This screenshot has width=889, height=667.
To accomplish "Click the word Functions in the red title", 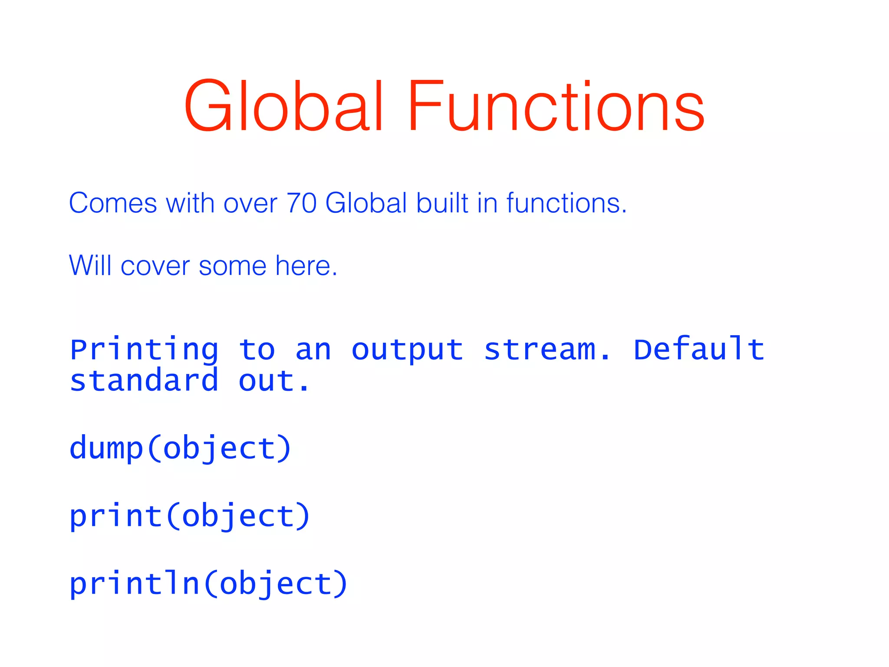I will pos(556,106).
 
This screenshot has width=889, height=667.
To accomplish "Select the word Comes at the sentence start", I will pos(113,203).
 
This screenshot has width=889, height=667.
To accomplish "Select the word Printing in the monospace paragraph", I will pos(144,350).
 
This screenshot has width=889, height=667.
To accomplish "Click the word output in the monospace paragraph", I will pos(407,350).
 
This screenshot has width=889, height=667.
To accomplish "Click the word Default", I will pos(698,349).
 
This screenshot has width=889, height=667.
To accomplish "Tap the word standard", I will pos(144,381).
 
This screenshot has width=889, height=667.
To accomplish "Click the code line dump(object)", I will pos(180,449).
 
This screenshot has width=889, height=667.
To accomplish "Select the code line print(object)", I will pos(190,516).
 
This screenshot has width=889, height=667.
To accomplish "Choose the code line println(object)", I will pos(208,584).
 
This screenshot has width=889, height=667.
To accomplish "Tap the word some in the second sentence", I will pos(232,266).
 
